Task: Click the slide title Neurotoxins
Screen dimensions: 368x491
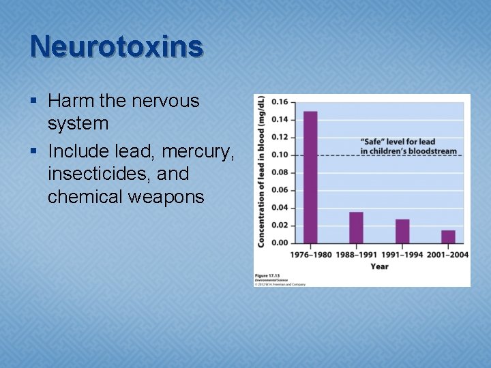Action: point(117,46)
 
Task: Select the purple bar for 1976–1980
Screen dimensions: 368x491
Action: point(310,177)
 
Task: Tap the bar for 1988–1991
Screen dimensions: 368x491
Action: point(356,228)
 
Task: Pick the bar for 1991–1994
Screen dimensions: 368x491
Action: point(402,231)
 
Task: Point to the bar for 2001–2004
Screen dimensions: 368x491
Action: point(448,236)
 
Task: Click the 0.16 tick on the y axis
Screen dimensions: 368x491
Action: point(280,102)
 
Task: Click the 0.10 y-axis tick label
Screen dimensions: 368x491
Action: point(280,155)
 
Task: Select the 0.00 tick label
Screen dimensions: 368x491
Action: point(280,243)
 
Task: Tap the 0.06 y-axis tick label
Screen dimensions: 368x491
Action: point(280,190)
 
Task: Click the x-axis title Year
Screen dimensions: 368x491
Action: point(379,267)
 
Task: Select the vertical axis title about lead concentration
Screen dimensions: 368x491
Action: point(261,170)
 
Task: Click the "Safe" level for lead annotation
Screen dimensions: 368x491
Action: point(408,146)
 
